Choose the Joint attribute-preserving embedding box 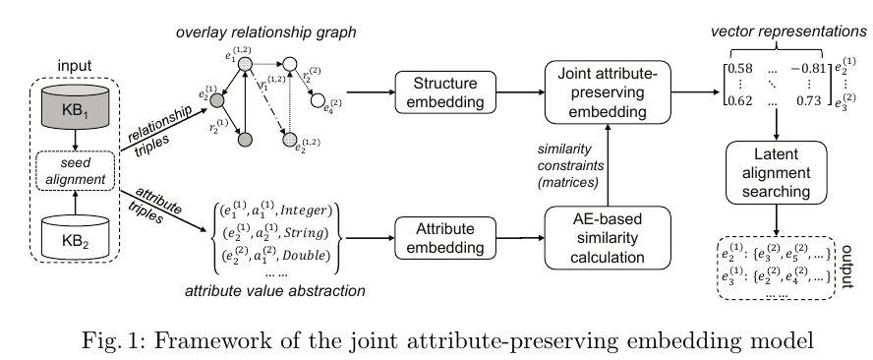[601, 94]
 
